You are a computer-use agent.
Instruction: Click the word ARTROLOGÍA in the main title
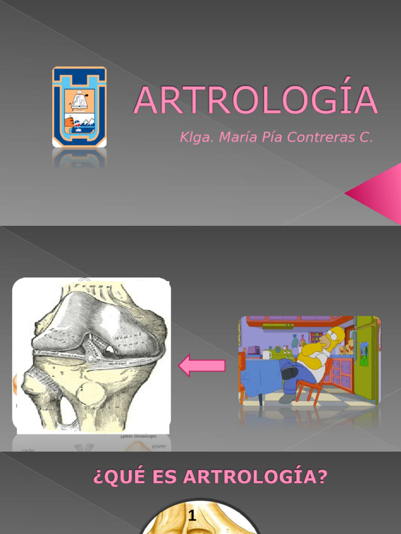(x=255, y=100)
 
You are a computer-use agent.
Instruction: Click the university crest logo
(x=79, y=106)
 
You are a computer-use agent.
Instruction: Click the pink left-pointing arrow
(x=202, y=366)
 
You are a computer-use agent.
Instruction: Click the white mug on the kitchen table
(x=266, y=355)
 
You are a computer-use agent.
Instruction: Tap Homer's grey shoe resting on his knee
(x=289, y=372)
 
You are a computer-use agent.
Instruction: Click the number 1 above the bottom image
(x=192, y=517)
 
